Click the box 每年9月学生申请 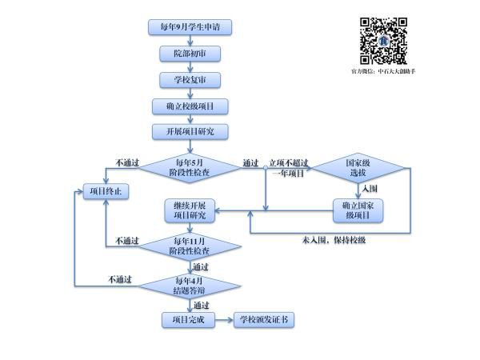tap(190, 27)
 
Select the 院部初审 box tap(190, 54)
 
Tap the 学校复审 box tap(190, 80)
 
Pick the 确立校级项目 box tap(190, 106)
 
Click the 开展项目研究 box tap(190, 130)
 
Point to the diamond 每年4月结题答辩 tap(190, 285)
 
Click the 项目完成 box tap(189, 320)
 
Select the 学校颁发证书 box tap(264, 320)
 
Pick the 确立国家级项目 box tap(357, 210)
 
